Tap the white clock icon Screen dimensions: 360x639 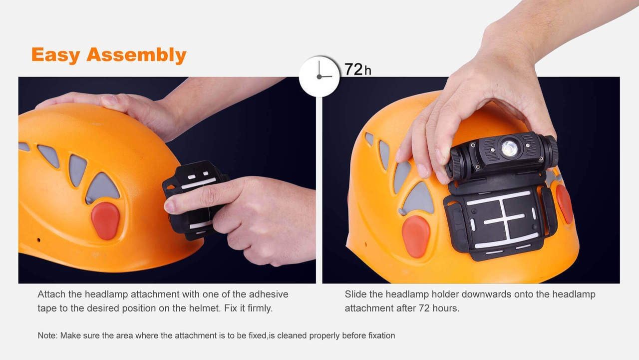point(319,76)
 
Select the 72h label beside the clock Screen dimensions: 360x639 point(357,69)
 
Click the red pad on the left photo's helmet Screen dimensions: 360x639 point(105,220)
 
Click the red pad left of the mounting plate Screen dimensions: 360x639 point(416,236)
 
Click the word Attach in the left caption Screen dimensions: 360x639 point(51,294)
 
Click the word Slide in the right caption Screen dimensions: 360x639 point(355,294)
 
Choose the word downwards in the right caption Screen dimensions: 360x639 point(483,294)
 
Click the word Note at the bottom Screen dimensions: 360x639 point(47,335)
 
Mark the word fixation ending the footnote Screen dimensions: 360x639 point(378,335)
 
